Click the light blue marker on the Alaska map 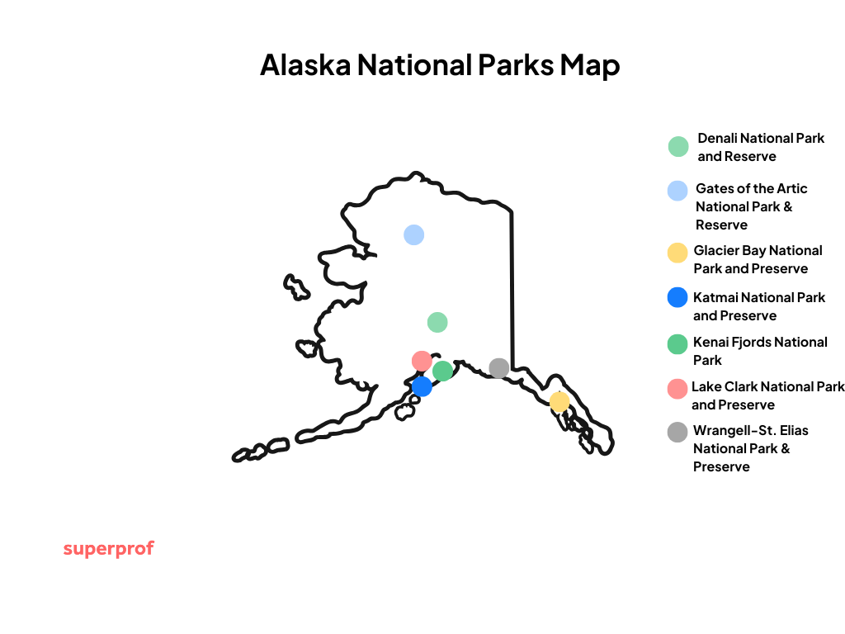tap(413, 234)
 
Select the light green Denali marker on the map tap(437, 322)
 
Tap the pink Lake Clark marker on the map tap(422, 361)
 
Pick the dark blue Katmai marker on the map tap(422, 386)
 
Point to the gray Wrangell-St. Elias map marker tap(498, 368)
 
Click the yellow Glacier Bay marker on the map tap(559, 402)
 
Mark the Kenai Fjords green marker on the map tap(443, 371)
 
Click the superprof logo tap(108, 549)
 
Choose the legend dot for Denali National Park tap(678, 147)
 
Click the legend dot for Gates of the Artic tap(677, 191)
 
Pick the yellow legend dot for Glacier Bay tap(677, 253)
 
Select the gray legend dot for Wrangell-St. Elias tap(677, 432)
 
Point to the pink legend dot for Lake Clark tap(677, 388)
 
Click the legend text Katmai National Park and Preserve tap(758, 306)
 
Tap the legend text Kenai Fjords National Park tap(759, 351)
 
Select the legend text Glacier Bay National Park tap(758, 259)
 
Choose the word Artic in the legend tap(790, 188)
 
